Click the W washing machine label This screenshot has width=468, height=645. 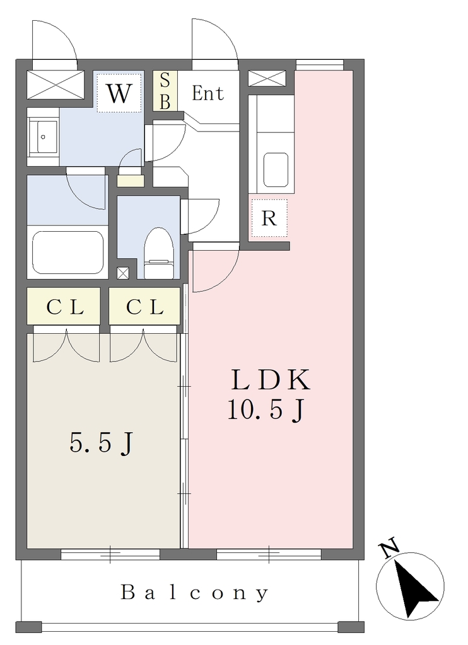pos(119,93)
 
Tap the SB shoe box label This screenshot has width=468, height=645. pos(165,91)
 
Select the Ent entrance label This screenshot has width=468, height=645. pos(208,93)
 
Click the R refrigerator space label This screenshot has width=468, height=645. pos(269,219)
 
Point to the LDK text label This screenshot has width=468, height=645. pos(270,380)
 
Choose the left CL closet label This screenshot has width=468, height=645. pos(65,307)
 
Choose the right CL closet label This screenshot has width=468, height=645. pos(145,307)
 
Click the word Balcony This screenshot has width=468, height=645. pos(194,593)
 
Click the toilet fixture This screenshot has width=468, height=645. pos(159,254)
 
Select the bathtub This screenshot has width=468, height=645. pos(68,253)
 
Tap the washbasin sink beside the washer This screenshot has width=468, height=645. pos(43,137)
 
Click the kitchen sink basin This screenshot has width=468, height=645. pos(276,169)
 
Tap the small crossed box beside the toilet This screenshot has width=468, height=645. pos(123,273)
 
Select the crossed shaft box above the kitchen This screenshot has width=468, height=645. pos(267,79)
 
